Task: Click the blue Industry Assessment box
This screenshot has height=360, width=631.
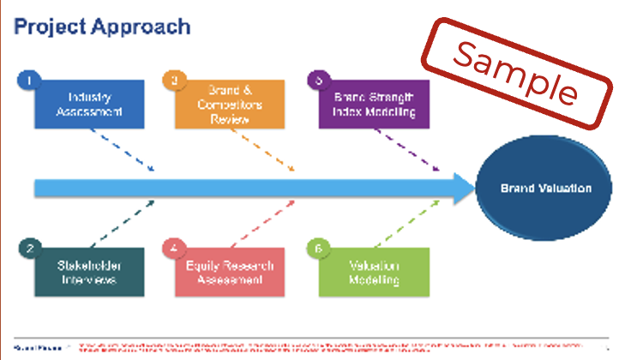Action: tap(90, 104)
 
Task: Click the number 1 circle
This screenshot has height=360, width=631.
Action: tap(28, 81)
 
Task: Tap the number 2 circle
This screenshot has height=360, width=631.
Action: tap(28, 249)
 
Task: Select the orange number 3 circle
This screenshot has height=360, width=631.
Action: tap(174, 81)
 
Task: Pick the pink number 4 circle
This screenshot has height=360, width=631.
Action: tap(174, 249)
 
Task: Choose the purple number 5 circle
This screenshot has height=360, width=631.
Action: tap(319, 81)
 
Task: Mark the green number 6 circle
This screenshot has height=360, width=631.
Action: tap(319, 249)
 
